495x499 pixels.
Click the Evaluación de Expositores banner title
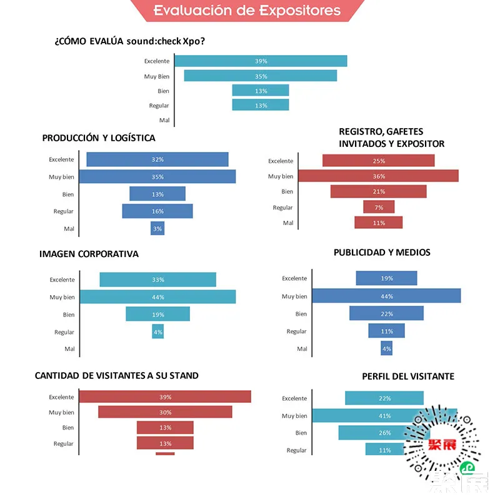click(247, 11)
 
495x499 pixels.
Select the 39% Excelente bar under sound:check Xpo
click(261, 61)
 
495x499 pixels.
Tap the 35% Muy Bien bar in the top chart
click(261, 76)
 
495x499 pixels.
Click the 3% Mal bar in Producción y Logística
click(157, 229)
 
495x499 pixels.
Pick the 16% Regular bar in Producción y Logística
click(157, 211)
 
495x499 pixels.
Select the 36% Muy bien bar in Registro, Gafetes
click(378, 176)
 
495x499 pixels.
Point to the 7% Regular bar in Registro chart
click(379, 207)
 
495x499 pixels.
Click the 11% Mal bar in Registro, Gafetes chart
click(379, 223)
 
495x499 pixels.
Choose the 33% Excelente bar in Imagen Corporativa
click(157, 280)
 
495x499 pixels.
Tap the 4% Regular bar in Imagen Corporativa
click(157, 332)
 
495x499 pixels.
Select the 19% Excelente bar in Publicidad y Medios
click(386, 278)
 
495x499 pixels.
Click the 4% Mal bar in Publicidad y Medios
click(386, 349)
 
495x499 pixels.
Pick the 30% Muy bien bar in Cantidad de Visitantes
click(165, 412)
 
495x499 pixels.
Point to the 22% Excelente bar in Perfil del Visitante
click(384, 398)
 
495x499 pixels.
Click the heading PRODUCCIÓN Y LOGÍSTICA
click(99, 138)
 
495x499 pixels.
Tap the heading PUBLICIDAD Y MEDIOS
click(382, 253)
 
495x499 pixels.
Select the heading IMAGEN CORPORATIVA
click(89, 255)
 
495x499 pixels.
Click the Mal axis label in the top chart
click(164, 120)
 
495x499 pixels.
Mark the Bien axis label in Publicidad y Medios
click(301, 314)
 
